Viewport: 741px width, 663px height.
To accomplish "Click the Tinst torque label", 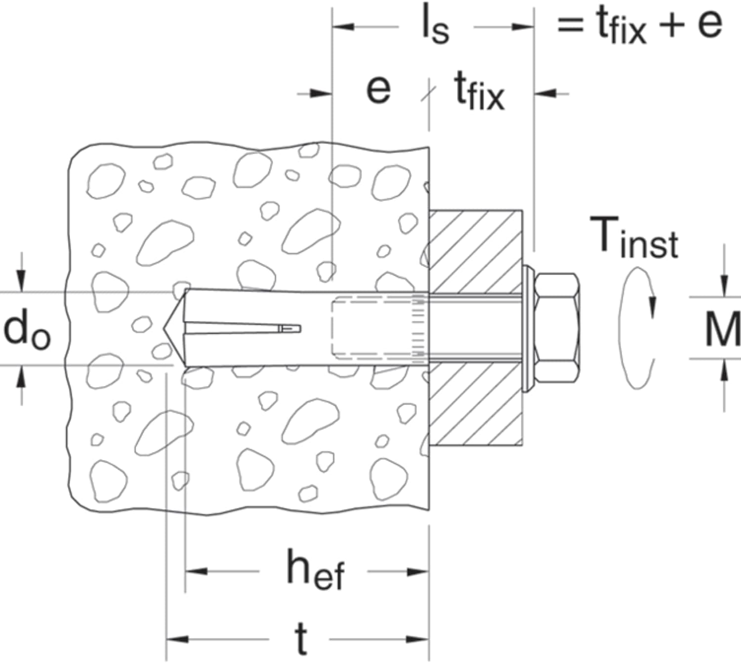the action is (x=634, y=237).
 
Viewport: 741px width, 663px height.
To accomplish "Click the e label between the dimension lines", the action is (x=378, y=90).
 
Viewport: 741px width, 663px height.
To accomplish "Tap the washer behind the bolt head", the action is (x=528, y=328).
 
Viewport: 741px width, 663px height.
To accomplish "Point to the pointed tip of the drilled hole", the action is (x=164, y=329).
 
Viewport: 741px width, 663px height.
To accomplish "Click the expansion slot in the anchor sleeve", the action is (x=243, y=328).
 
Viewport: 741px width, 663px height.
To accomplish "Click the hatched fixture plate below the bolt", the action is (x=475, y=405).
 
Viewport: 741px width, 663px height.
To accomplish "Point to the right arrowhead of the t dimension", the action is (x=417, y=640).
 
